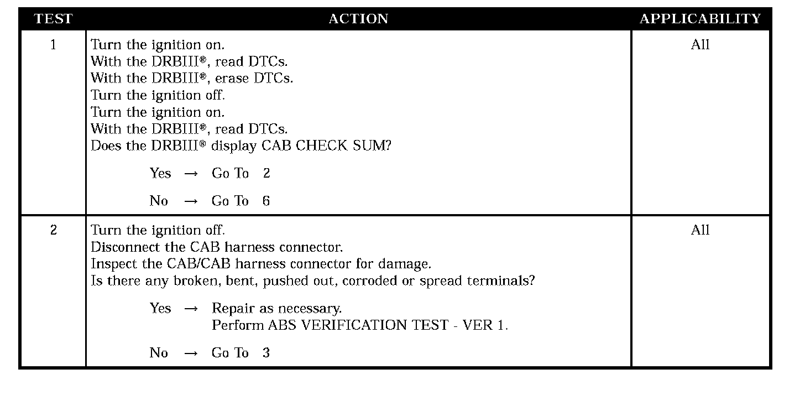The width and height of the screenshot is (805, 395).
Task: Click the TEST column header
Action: pos(53,19)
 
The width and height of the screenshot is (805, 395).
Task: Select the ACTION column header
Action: pos(358,19)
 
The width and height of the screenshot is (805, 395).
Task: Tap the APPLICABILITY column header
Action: pos(700,19)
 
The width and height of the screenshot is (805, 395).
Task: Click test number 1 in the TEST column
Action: pos(53,45)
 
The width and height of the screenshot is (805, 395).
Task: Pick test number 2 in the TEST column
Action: pos(53,230)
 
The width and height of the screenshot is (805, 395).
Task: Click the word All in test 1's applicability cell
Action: pos(700,45)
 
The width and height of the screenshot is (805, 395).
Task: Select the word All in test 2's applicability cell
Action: pos(700,230)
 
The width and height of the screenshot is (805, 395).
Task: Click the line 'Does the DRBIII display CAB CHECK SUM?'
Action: pos(241,146)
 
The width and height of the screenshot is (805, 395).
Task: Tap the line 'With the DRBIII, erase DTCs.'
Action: pos(192,79)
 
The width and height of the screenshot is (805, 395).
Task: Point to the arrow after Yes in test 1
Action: pos(191,174)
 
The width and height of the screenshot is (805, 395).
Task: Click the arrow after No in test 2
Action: pos(191,354)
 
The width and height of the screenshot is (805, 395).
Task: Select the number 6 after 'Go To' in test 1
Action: pos(266,201)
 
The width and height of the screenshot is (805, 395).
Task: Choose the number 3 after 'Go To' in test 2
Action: pos(266,354)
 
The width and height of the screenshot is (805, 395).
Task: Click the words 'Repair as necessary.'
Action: pos(277,309)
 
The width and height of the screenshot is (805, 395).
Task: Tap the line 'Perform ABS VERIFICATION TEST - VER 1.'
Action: pos(360,325)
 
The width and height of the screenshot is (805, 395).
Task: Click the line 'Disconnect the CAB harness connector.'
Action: pos(217,247)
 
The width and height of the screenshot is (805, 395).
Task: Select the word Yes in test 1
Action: pos(160,174)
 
